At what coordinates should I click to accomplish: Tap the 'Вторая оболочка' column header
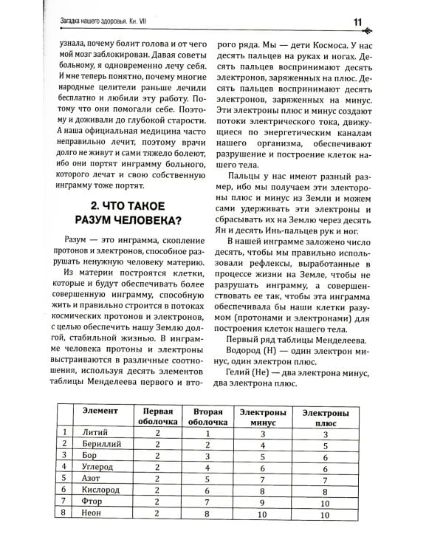(x=207, y=417)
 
